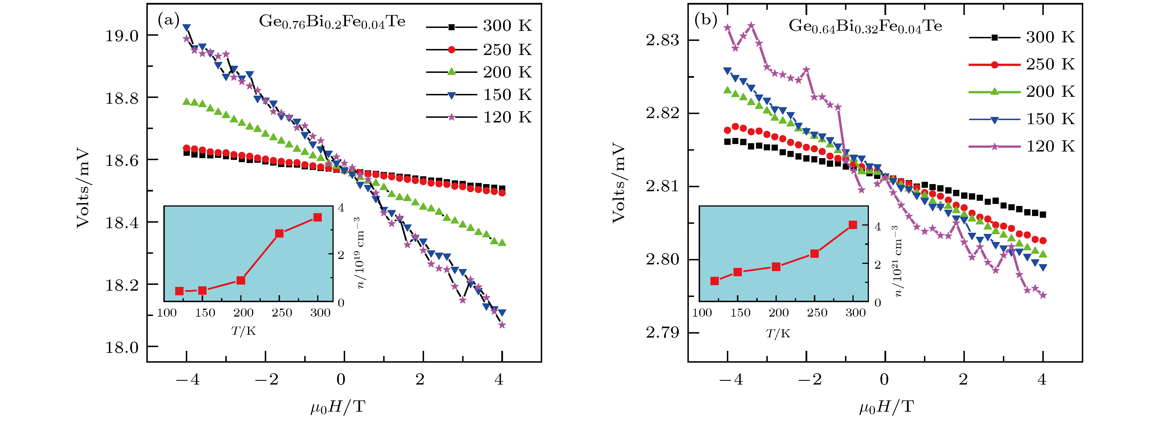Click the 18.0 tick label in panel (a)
tap(122, 347)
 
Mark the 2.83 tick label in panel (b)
tap(663, 40)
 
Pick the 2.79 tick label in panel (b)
tap(663, 333)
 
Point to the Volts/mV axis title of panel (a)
tap(83, 187)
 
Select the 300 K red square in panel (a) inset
tap(317, 217)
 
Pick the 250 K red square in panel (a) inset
tap(279, 233)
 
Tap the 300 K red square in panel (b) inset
tap(853, 225)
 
